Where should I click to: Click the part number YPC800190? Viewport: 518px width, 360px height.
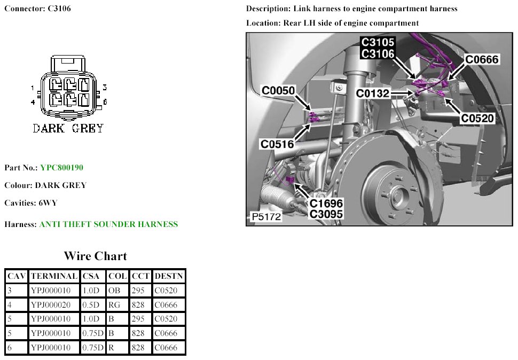tap(62, 168)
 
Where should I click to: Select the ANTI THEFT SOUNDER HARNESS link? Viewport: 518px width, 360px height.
tap(109, 224)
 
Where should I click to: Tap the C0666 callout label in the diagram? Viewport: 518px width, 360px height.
tap(482, 59)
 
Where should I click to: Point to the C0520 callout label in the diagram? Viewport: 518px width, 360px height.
tap(477, 118)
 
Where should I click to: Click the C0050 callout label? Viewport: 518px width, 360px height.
tap(278, 90)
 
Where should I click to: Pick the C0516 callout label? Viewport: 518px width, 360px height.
tap(277, 144)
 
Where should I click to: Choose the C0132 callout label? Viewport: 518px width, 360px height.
tap(373, 93)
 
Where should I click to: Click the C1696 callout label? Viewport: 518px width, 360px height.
tap(326, 203)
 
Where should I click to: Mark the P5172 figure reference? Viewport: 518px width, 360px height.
tap(266, 217)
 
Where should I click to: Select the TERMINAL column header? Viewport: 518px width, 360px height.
tap(54, 276)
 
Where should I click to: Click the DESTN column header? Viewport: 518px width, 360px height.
tap(169, 276)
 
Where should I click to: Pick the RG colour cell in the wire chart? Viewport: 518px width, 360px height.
tap(114, 305)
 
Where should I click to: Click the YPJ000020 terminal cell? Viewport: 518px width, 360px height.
tap(51, 305)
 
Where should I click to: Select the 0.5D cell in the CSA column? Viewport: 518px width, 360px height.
tap(91, 305)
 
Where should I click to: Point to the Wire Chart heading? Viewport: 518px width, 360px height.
tap(96, 256)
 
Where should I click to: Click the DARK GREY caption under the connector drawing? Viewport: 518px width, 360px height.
tap(68, 128)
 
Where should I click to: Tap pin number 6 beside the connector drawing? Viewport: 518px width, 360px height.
tap(105, 101)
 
